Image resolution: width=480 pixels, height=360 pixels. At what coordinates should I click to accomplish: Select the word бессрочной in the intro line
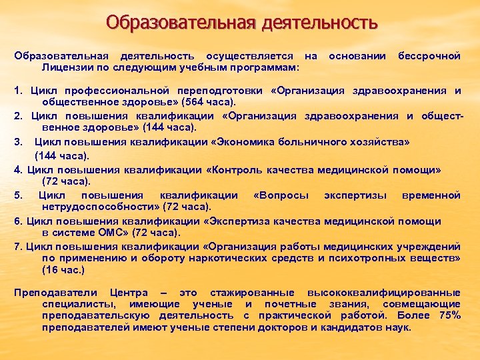pos(429,56)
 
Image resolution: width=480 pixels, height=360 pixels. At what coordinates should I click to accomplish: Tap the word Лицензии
pos(67,67)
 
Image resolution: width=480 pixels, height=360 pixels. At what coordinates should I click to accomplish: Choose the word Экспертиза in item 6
pos(237,221)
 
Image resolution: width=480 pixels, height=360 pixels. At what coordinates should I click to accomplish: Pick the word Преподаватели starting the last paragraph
pos(51,293)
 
